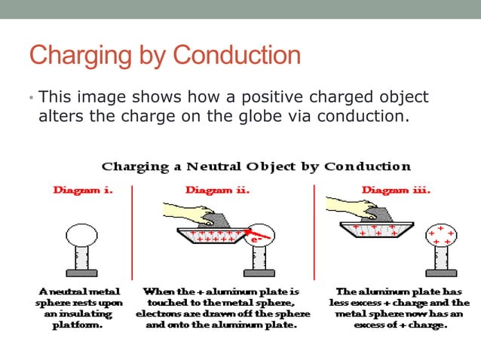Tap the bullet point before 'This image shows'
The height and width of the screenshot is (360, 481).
[31, 99]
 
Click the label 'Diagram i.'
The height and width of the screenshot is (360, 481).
[83, 191]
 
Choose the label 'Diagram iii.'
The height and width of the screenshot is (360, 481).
[396, 191]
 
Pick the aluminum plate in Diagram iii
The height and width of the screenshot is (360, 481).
[373, 230]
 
